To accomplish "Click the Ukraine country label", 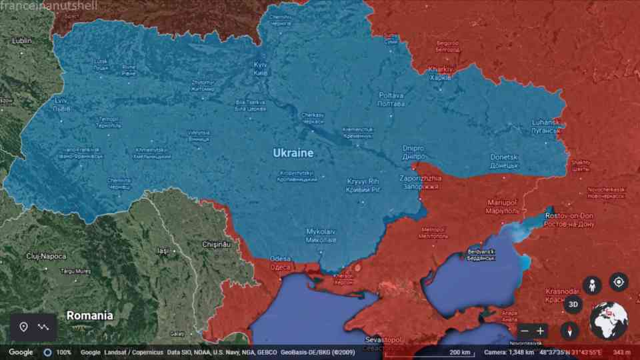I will [293, 153].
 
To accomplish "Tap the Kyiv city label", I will [261, 68].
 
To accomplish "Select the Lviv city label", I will [61, 104].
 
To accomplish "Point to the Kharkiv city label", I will [440, 73].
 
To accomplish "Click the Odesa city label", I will [280, 263].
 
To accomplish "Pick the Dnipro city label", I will [413, 152].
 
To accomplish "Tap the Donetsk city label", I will [504, 161].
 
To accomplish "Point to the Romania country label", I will [89, 315].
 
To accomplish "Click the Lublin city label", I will [22, 41].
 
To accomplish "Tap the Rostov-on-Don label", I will [569, 219].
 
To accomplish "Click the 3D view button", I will [573, 305].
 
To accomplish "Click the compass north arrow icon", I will [569, 330].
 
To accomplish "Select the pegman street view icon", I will [591, 285].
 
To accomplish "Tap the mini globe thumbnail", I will [609, 321].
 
